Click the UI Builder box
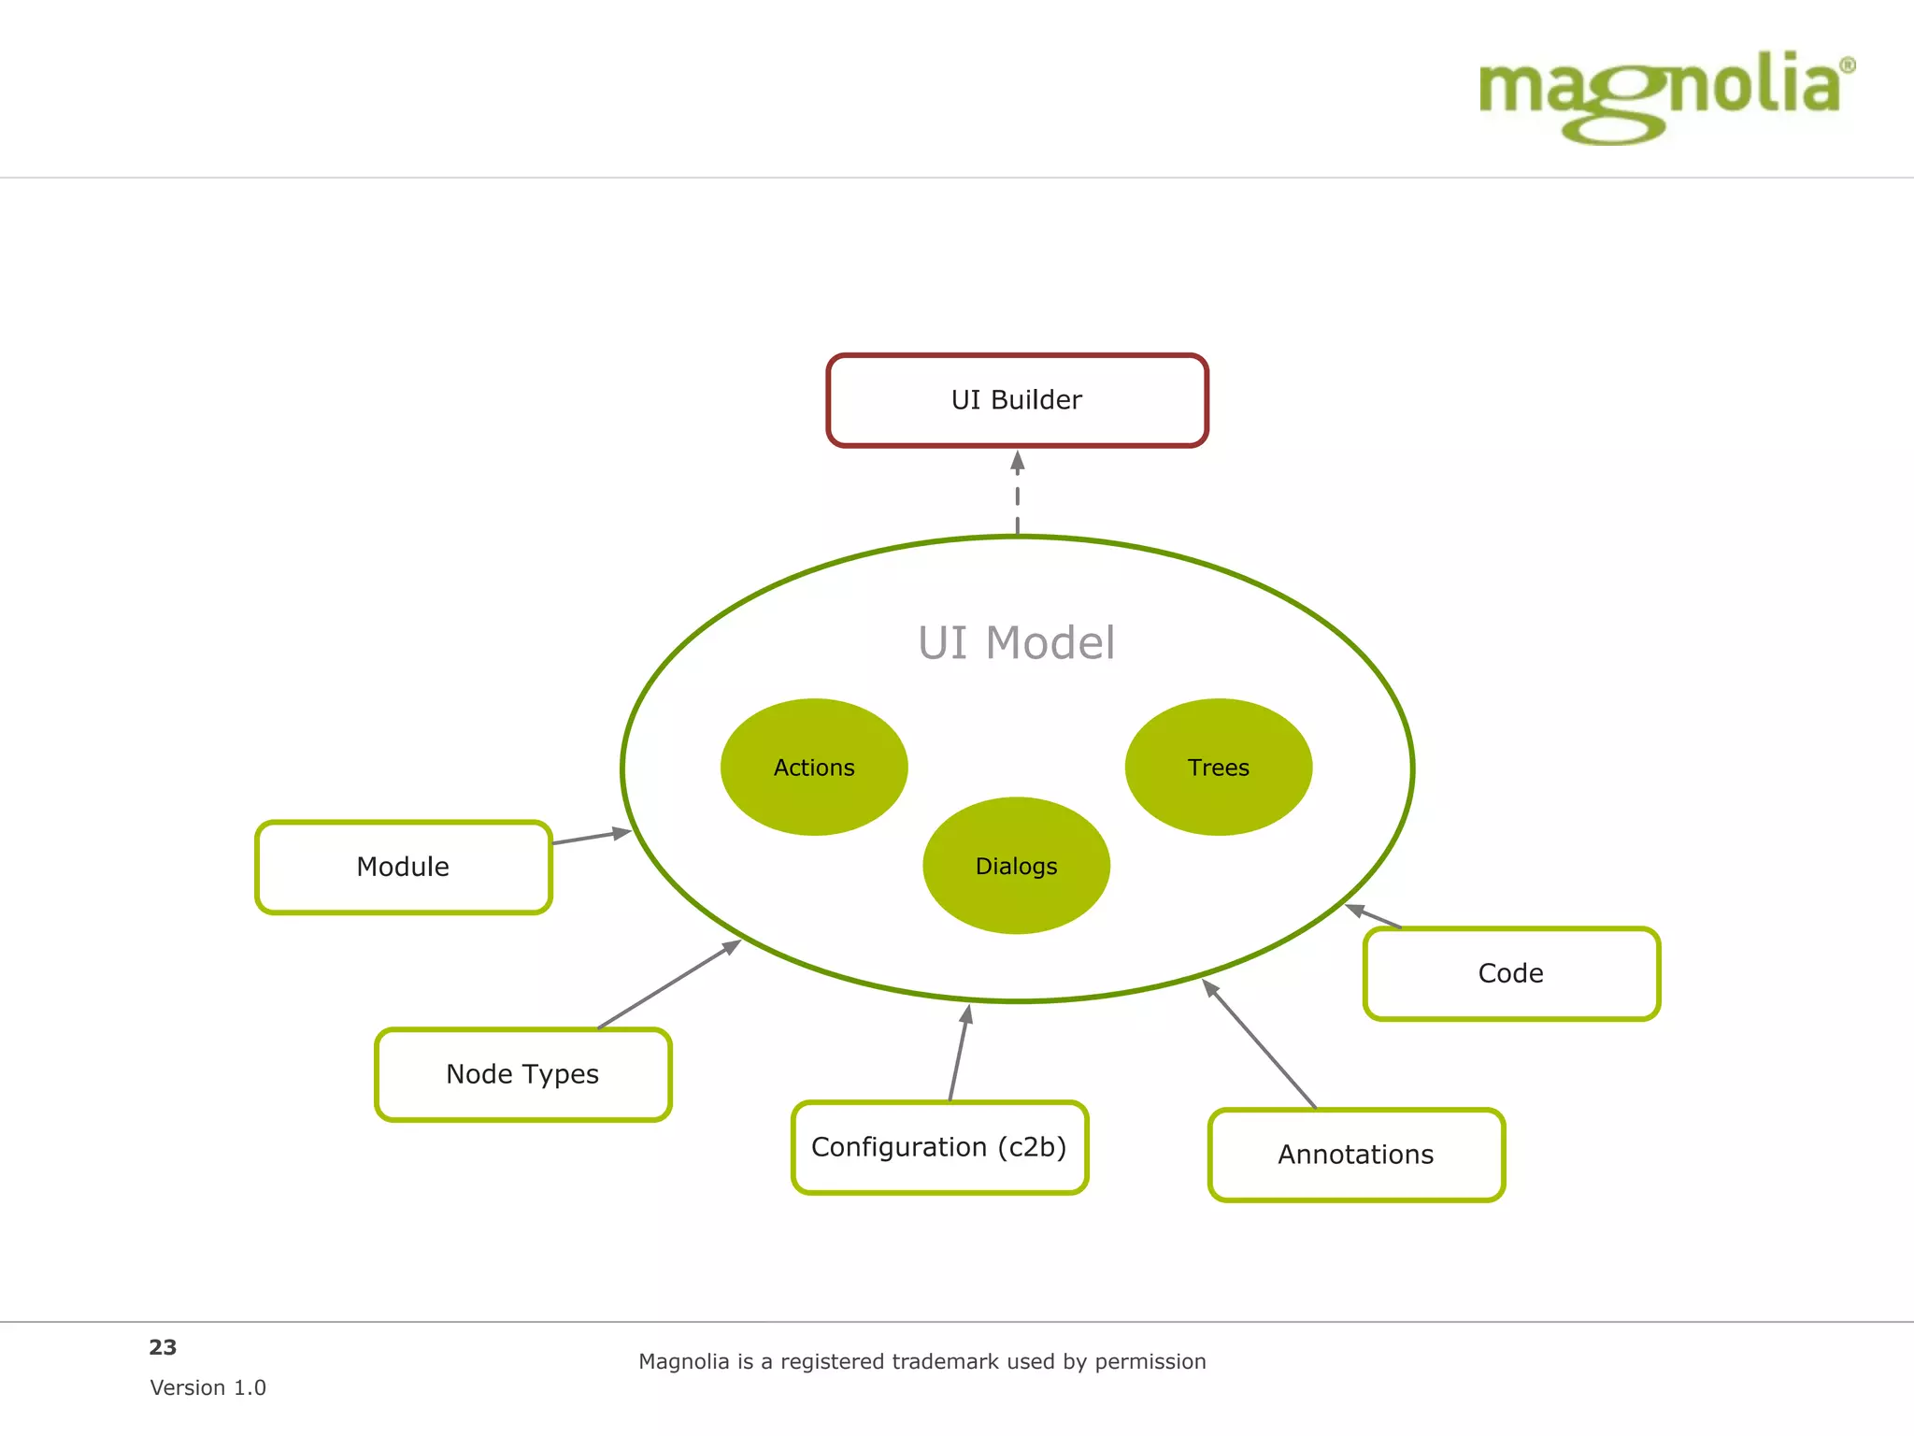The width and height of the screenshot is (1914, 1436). pos(1017,400)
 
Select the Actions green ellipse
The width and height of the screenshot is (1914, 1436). pos(814,768)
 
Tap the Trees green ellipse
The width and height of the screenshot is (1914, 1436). pos(1218,768)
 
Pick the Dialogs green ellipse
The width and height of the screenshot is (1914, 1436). pos(1016,866)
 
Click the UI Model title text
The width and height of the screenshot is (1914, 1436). pos(1016,643)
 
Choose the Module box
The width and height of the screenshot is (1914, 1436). pos(404,867)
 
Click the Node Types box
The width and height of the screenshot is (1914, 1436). pos(522,1074)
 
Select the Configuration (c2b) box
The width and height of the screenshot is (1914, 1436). pos(939,1147)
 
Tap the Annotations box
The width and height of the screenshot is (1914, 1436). pos(1356,1155)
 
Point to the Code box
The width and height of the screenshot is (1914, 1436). pos(1511,973)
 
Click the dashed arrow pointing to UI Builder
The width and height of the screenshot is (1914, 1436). pos(1018,494)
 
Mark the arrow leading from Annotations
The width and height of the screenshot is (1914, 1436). pos(1259,1043)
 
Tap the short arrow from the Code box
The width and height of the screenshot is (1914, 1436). pos(1374,916)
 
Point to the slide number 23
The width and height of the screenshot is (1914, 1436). pos(163,1347)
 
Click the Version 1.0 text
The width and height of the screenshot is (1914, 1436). pos(207,1387)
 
